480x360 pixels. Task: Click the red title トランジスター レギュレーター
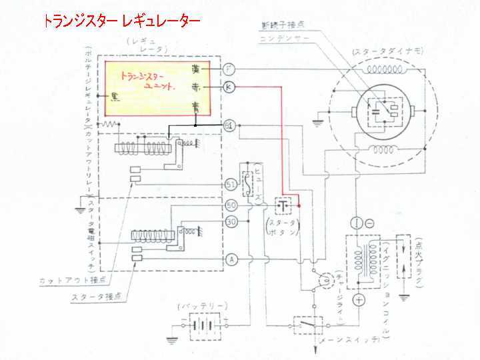[121, 21]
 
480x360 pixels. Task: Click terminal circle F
[229, 69]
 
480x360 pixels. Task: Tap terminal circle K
[229, 87]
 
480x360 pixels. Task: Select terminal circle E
[229, 124]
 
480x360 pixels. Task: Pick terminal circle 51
[230, 184]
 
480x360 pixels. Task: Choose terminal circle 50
[230, 206]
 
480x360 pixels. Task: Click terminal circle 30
[230, 222]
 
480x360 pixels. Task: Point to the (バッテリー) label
[202, 307]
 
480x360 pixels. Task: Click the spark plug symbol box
[403, 257]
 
